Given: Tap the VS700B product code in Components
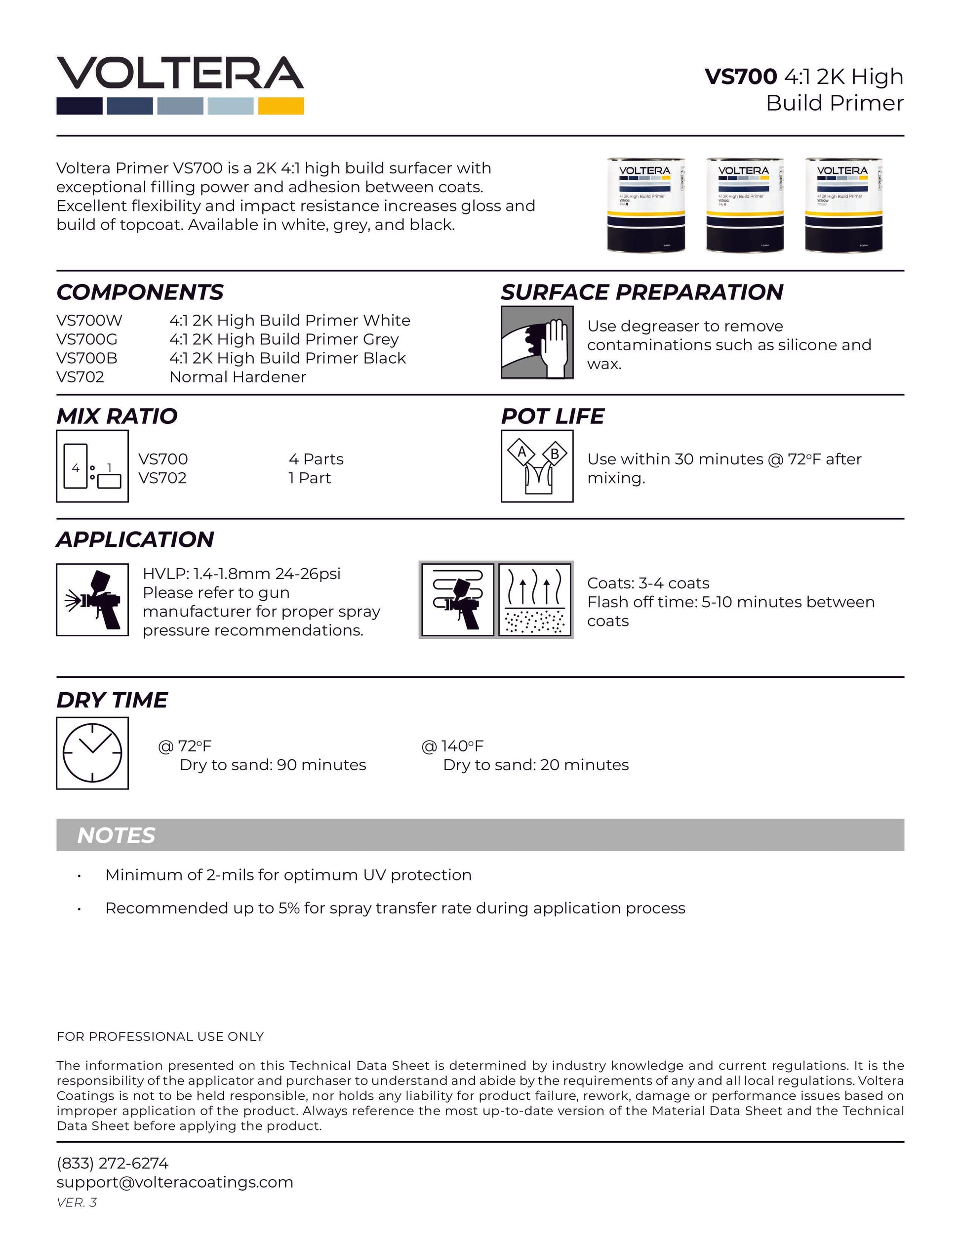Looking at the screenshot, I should click(x=87, y=358).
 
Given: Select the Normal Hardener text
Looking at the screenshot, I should click(x=238, y=377).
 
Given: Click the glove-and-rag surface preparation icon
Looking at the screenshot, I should click(x=537, y=342).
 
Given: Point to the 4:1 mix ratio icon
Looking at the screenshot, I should click(x=92, y=466).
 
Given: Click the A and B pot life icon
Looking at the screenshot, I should click(x=537, y=466).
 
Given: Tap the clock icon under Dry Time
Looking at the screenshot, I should click(x=92, y=753).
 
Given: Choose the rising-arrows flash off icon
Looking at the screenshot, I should click(x=535, y=599).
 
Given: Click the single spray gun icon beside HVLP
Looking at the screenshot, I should click(x=92, y=600).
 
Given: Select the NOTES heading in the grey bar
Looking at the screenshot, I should click(x=116, y=835).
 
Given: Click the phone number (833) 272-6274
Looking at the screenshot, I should click(x=113, y=1163).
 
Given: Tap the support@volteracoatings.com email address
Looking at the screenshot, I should click(x=175, y=1182).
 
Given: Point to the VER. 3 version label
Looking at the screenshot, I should click(x=77, y=1203).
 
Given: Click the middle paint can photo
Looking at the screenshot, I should click(x=745, y=205).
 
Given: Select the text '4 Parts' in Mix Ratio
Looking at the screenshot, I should click(x=316, y=459).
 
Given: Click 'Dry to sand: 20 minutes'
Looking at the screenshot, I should click(x=536, y=765).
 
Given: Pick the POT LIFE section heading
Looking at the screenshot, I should click(x=552, y=416).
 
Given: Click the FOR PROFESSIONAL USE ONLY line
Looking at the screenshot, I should click(x=160, y=1037).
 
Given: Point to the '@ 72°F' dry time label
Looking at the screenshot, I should click(x=185, y=746).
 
